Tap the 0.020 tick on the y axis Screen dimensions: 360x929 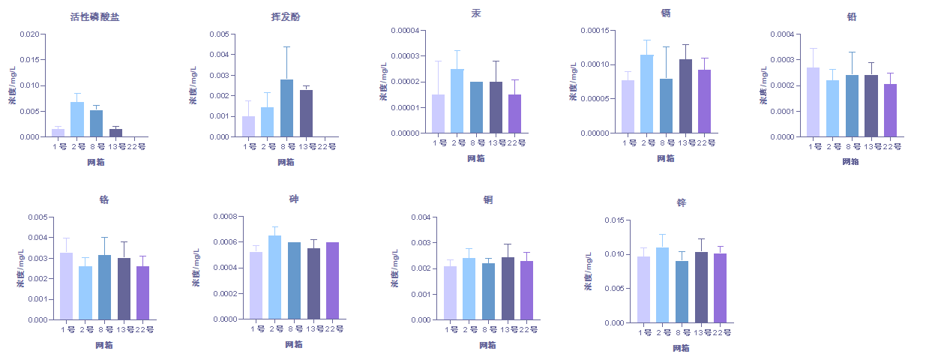point(28,34)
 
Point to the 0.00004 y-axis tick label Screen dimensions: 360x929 point(405,31)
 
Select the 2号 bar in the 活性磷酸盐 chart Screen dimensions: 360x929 point(77,119)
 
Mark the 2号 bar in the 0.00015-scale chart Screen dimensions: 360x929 point(647,94)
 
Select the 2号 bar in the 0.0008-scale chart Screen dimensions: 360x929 point(275,277)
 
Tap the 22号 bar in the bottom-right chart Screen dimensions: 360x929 point(720,288)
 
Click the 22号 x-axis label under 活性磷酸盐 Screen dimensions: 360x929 point(138,146)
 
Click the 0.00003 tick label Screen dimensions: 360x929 point(405,56)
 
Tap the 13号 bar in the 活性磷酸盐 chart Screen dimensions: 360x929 point(115,133)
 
